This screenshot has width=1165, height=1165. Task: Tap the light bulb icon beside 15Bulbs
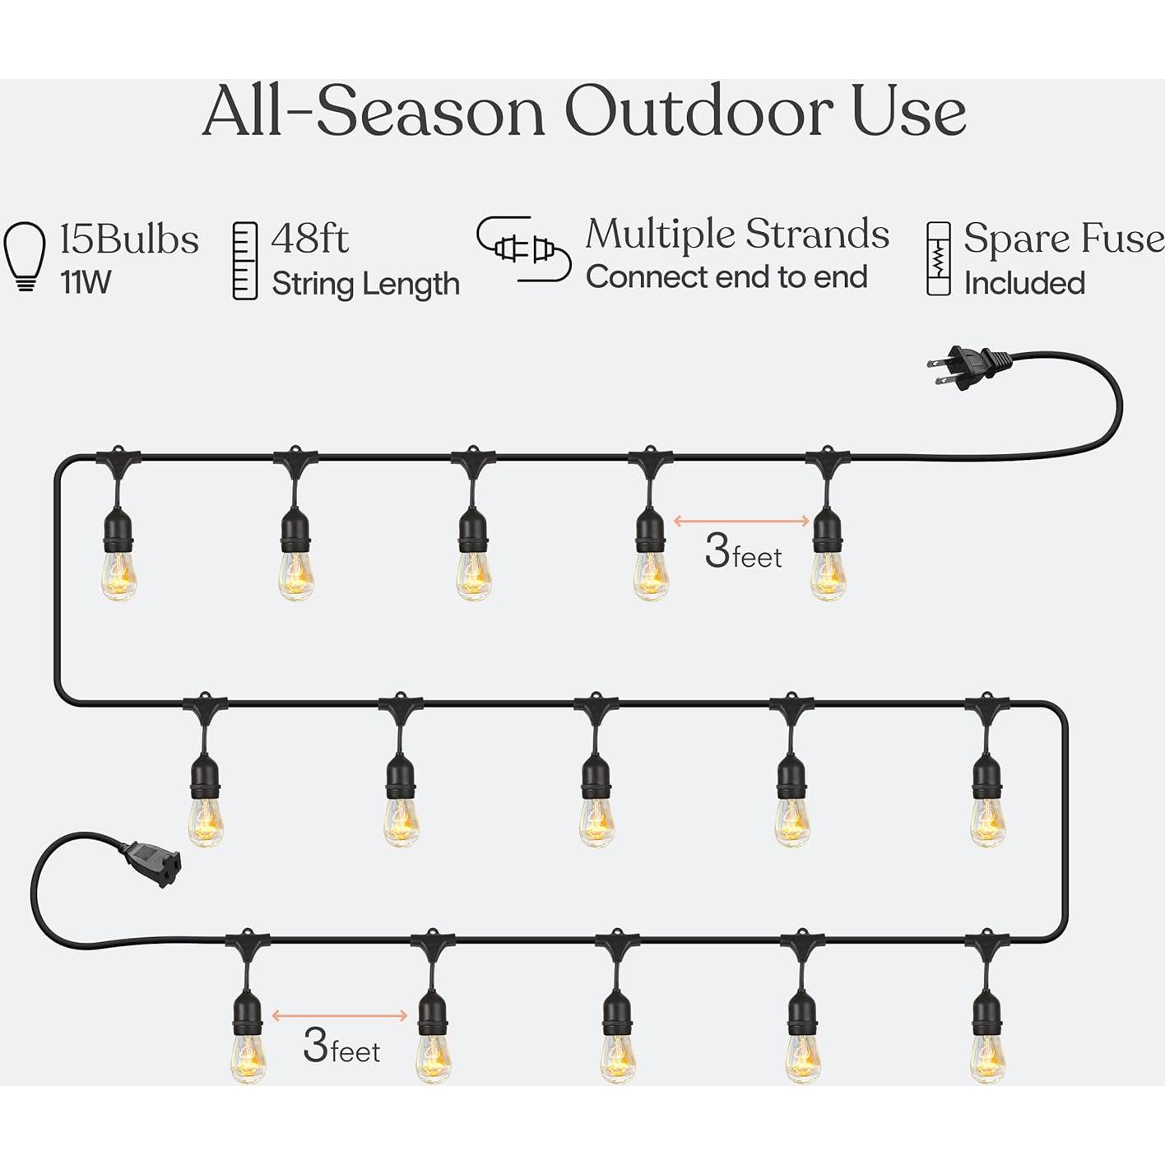coord(25,256)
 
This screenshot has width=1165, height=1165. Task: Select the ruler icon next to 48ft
coord(245,261)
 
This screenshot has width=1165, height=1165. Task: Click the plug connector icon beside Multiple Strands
coord(523,248)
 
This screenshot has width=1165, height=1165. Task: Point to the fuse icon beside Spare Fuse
coord(938,258)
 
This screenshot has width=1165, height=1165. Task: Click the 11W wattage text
coord(86,283)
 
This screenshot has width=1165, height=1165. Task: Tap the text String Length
coord(365,284)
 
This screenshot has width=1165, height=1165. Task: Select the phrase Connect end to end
coord(726,277)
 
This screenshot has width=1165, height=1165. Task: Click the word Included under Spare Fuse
coord(1024,284)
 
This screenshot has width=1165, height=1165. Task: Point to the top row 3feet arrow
coord(742,520)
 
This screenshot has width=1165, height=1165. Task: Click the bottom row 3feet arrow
coord(340,1015)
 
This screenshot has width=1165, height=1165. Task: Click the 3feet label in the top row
coord(743,552)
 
